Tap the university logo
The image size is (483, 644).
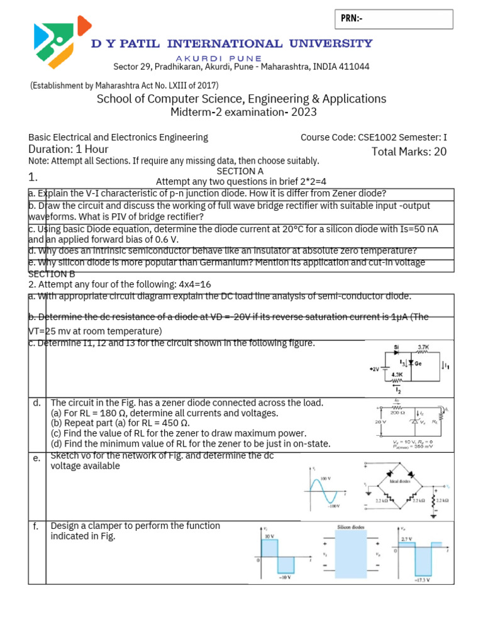click(62, 42)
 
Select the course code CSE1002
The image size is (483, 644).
click(375, 137)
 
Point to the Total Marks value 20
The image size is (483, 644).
click(440, 152)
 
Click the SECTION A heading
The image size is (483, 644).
click(240, 171)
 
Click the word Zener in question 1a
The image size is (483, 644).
click(348, 193)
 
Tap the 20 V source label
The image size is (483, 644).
click(378, 423)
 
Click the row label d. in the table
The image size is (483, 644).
click(37, 403)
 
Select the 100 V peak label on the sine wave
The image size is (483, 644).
click(326, 479)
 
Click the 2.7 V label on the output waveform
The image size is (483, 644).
click(407, 539)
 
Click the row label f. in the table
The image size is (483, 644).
click(36, 526)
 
